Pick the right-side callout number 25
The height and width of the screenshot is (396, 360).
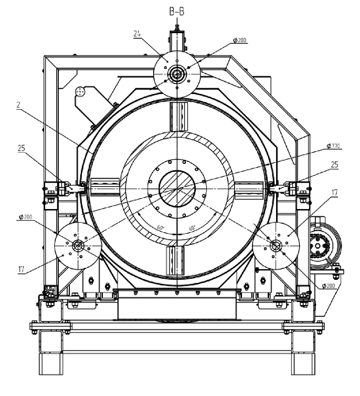[x=334, y=164]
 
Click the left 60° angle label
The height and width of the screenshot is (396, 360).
[x=160, y=228]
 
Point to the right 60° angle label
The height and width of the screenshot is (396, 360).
[x=193, y=228]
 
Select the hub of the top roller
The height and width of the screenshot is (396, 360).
[x=177, y=74]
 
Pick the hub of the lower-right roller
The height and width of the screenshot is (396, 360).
[x=276, y=245]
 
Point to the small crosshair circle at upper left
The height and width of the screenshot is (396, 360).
[x=80, y=92]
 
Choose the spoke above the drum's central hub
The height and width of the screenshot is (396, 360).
[x=177, y=117]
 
